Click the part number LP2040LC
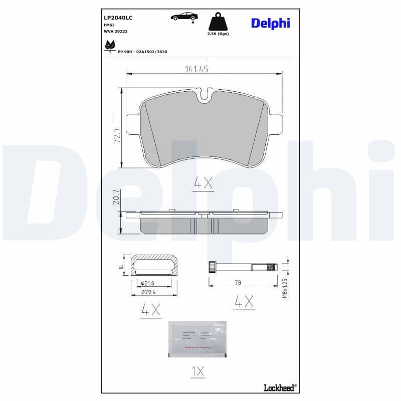pos(118,18)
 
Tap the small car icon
pos(184,17)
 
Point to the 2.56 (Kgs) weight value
pos(218,34)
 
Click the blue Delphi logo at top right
pos(270,23)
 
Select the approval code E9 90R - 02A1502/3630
pos(142,51)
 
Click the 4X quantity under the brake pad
pos(204,184)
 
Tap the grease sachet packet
pos(197,339)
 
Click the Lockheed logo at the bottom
pos(279,386)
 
